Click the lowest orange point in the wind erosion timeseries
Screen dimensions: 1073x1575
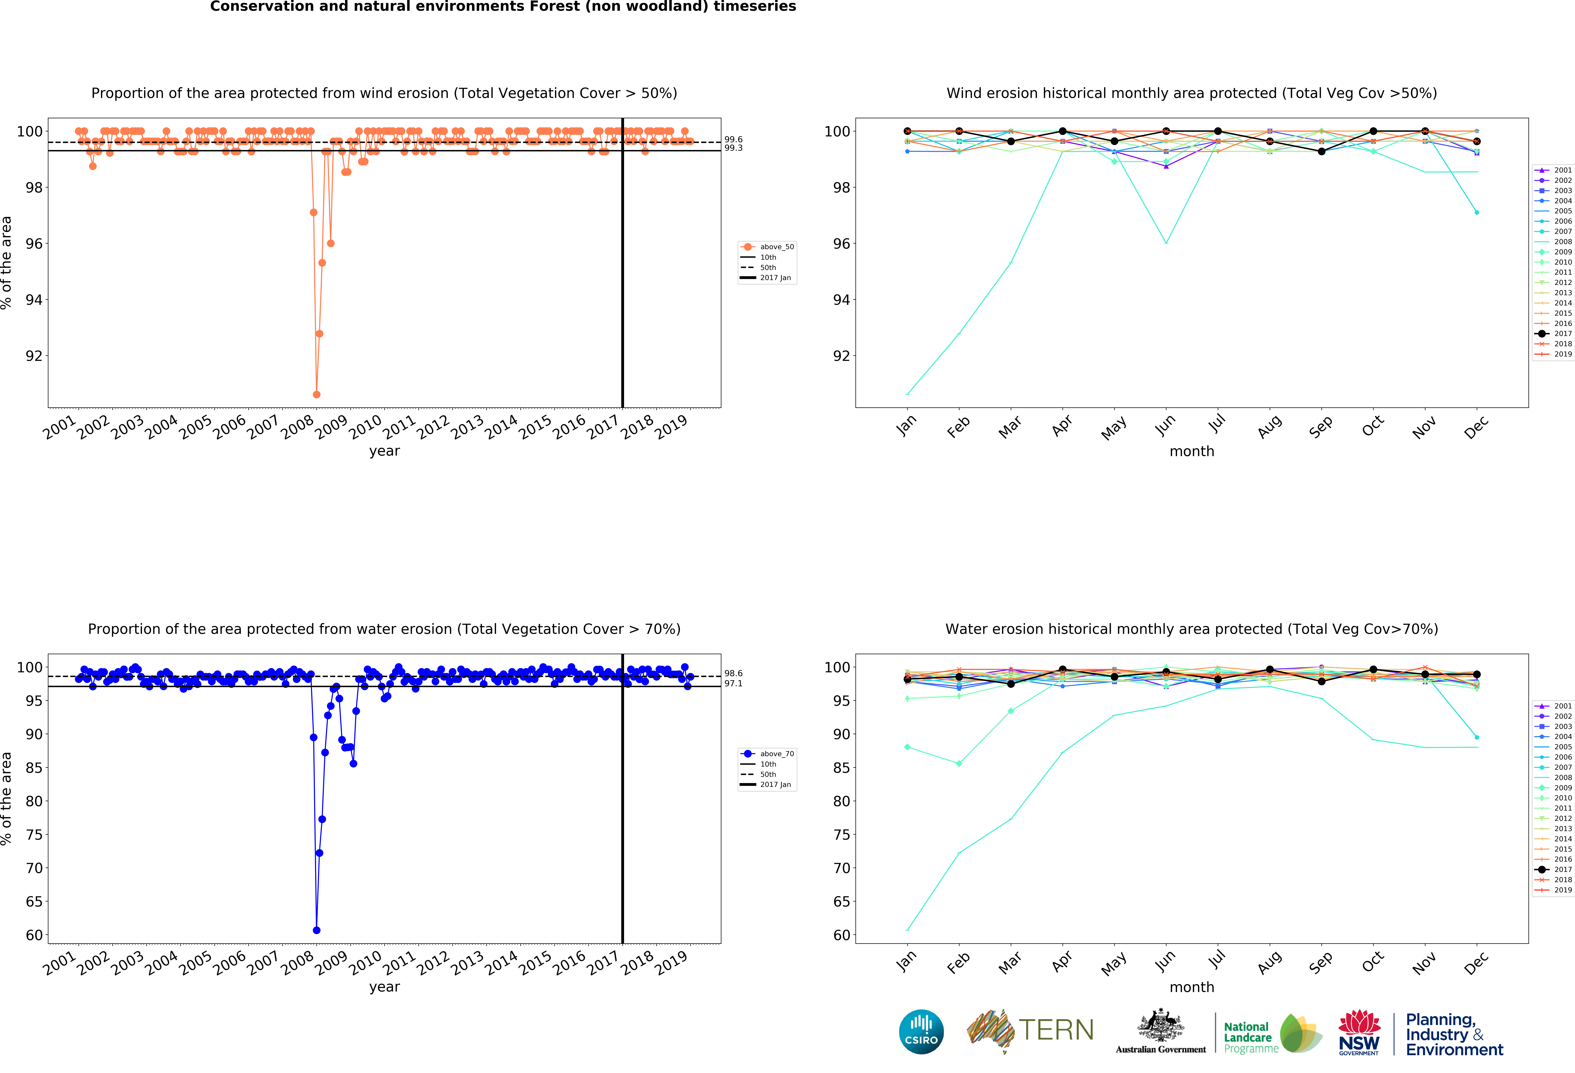pyautogui.click(x=316, y=394)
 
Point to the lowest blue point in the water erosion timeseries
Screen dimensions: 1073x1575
pyautogui.click(x=316, y=930)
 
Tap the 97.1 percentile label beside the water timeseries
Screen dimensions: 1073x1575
pyautogui.click(x=733, y=683)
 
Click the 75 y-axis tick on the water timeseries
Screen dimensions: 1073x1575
pyautogui.click(x=34, y=835)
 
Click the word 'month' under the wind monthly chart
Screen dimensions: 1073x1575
pyautogui.click(x=1191, y=451)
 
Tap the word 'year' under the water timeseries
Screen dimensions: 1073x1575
pyautogui.click(x=384, y=987)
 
